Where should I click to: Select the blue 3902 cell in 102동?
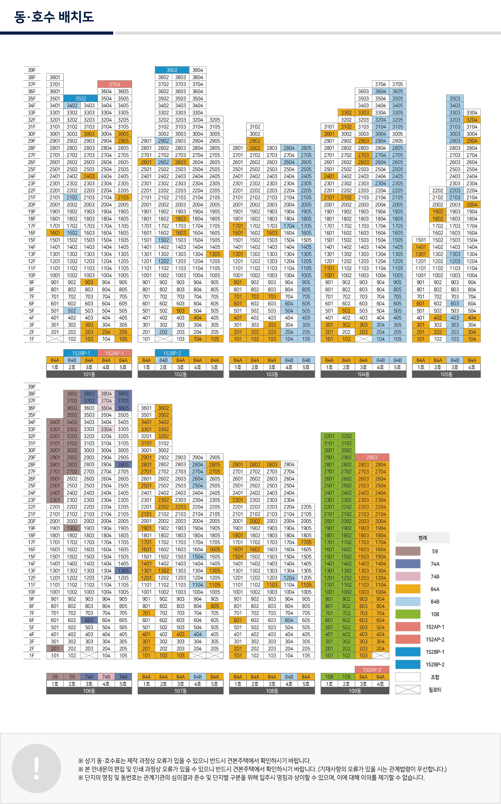pyautogui.click(x=172, y=70)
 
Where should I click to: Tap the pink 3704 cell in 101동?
pyautogui.click(x=115, y=84)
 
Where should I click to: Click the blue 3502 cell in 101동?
pyautogui.click(x=81, y=98)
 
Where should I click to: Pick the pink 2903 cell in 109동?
pyautogui.click(x=372, y=457)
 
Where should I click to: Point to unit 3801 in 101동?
pyautogui.click(x=55, y=77)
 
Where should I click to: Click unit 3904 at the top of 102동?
pyautogui.click(x=198, y=70)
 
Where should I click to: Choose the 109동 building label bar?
pyautogui.click(x=355, y=691)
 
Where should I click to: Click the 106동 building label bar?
pyautogui.click(x=89, y=691)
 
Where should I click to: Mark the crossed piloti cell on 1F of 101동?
pyautogui.click(x=55, y=339)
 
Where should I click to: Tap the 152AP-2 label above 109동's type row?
pyautogui.click(x=372, y=670)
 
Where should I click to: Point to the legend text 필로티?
pyautogui.click(x=435, y=690)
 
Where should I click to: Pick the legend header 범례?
pyautogui.click(x=423, y=538)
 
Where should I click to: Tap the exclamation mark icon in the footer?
pyautogui.click(x=36, y=769)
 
